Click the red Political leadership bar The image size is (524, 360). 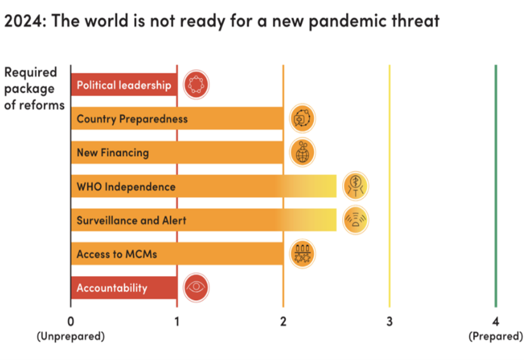tap(124, 85)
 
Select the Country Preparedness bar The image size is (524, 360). tap(177, 118)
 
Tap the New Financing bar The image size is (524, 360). tap(177, 152)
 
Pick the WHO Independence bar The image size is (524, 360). tap(204, 186)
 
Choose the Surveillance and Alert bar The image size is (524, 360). tap(204, 220)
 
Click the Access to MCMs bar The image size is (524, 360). tap(177, 254)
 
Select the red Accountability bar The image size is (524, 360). tap(124, 287)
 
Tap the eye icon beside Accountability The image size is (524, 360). tap(196, 287)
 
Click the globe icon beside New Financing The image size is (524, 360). tap(303, 152)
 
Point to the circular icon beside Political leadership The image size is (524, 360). tap(196, 85)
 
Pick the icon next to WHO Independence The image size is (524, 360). tap(355, 186)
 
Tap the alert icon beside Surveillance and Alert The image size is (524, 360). tap(355, 220)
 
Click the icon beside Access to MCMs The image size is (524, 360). tap(303, 254)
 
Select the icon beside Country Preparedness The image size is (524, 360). tap(303, 118)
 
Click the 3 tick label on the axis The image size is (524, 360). tap(389, 321)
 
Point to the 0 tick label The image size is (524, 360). tap(71, 321)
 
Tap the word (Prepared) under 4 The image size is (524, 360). tap(495, 336)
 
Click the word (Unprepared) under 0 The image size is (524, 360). tap(71, 336)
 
